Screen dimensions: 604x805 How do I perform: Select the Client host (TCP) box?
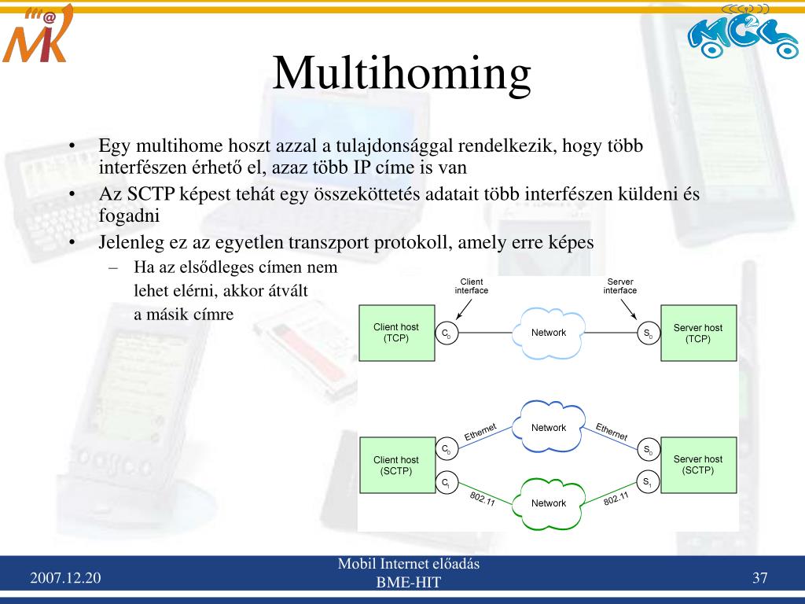pos(395,333)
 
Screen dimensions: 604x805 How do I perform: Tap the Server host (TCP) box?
pos(698,333)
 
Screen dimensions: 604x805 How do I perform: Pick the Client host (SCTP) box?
pos(395,466)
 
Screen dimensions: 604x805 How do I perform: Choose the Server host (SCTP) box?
pos(698,465)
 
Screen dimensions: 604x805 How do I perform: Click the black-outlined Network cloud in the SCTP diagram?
pos(549,428)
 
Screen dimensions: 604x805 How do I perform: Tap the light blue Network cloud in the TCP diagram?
pos(549,333)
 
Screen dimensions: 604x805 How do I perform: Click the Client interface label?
pos(472,286)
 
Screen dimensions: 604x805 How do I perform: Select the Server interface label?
pos(620,286)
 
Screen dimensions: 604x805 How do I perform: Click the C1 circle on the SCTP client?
pos(447,483)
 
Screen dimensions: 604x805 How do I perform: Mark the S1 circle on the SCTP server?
pos(648,483)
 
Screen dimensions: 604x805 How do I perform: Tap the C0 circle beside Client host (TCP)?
pos(447,334)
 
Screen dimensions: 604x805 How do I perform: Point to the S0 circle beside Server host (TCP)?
pos(648,334)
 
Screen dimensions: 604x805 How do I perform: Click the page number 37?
pos(759,579)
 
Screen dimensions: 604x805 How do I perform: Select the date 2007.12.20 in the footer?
pos(66,579)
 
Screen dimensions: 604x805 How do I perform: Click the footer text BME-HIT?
pos(409,583)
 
